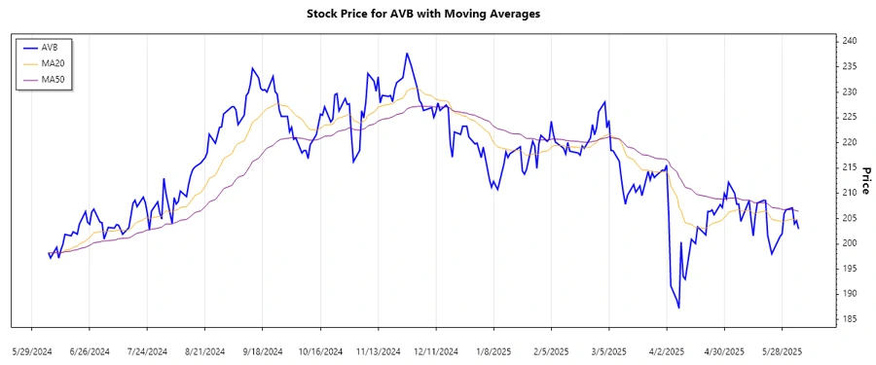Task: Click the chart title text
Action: tap(437, 15)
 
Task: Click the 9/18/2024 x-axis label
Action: tap(263, 350)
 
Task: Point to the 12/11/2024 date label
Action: tap(436, 350)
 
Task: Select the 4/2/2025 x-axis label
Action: tap(667, 350)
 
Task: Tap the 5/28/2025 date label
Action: tap(782, 350)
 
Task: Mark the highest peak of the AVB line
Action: tap(407, 54)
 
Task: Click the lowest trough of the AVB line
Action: tap(678, 308)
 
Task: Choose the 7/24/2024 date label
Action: tap(147, 350)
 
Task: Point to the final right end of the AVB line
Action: tap(799, 228)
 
